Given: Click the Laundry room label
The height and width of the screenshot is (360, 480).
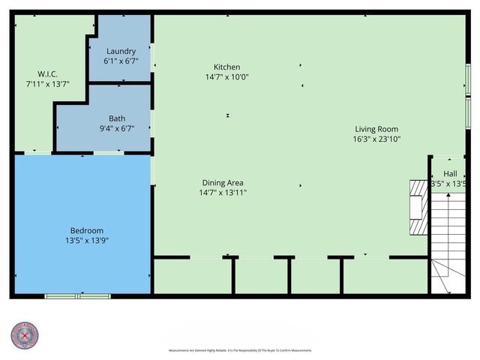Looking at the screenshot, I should coord(121,51).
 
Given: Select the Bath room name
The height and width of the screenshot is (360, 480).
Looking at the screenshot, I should coord(117,118).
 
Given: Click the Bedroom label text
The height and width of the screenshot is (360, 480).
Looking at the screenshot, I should coord(87,230).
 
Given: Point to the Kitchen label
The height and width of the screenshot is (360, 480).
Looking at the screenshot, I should coord(226,66).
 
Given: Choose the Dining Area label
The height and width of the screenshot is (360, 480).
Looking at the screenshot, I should coord(223,182).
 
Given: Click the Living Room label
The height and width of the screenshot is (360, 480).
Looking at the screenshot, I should coord(376,129).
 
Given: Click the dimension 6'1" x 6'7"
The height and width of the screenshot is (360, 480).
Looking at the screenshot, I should coord(121,61).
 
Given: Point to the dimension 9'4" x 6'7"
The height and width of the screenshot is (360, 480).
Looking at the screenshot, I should coord(117,129).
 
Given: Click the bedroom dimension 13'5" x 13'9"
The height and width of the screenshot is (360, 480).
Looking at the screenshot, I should coord(87,241).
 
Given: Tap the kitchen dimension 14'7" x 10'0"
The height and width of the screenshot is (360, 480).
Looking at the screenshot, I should coord(226,76).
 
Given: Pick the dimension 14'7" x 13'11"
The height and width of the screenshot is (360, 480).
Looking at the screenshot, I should coord(223,193).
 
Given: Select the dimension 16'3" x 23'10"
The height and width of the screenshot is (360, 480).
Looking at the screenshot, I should coord(376,139).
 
